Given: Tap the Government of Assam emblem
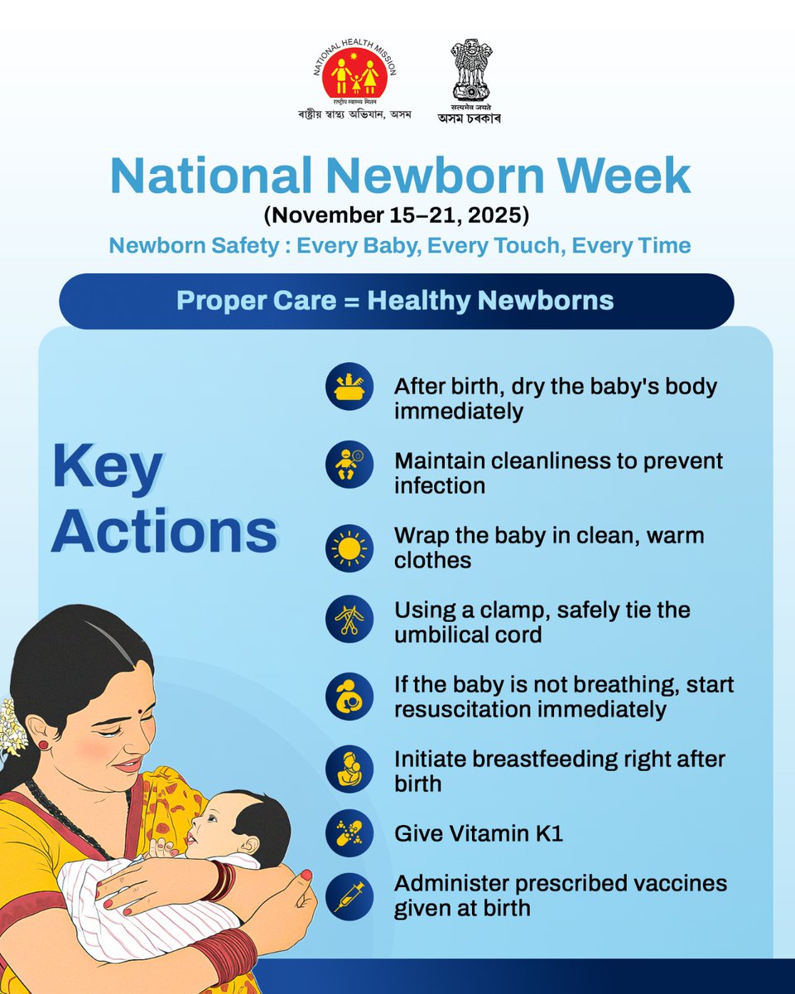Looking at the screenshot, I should pyautogui.click(x=470, y=71).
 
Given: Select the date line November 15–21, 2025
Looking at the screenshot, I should pyautogui.click(x=397, y=216).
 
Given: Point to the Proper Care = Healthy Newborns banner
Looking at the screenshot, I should pyautogui.click(x=396, y=300).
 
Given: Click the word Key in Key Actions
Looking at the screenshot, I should pyautogui.click(x=108, y=468).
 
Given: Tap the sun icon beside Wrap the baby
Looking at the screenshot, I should pyautogui.click(x=349, y=548).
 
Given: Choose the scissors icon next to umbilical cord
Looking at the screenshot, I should pyautogui.click(x=349, y=622).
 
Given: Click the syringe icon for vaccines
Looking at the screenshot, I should pyautogui.click(x=349, y=895).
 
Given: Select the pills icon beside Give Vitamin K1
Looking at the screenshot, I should pyautogui.click(x=349, y=833).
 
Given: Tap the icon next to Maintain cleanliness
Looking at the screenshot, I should pyautogui.click(x=349, y=465).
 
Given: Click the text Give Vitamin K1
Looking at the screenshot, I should pyautogui.click(x=479, y=833).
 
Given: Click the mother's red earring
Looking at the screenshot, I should pyautogui.click(x=42, y=745).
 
